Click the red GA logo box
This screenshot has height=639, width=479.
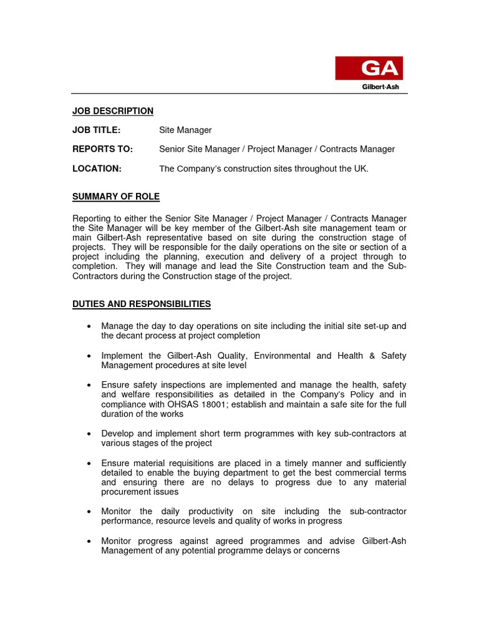tap(369, 68)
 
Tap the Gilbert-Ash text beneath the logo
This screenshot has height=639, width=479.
tap(382, 86)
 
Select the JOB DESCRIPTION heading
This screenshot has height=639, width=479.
tap(113, 111)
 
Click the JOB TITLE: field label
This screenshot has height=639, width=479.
tap(96, 130)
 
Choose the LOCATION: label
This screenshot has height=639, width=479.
tap(97, 168)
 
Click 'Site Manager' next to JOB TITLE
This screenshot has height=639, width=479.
tap(185, 130)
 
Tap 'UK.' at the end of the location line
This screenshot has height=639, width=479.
tap(361, 168)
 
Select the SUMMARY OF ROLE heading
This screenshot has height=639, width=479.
tap(116, 197)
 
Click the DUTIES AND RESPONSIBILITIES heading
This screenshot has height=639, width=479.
tap(142, 304)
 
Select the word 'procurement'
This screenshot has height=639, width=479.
tap(127, 492)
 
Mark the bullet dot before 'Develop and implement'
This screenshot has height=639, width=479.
tap(90, 434)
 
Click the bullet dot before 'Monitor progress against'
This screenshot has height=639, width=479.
tap(90, 542)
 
